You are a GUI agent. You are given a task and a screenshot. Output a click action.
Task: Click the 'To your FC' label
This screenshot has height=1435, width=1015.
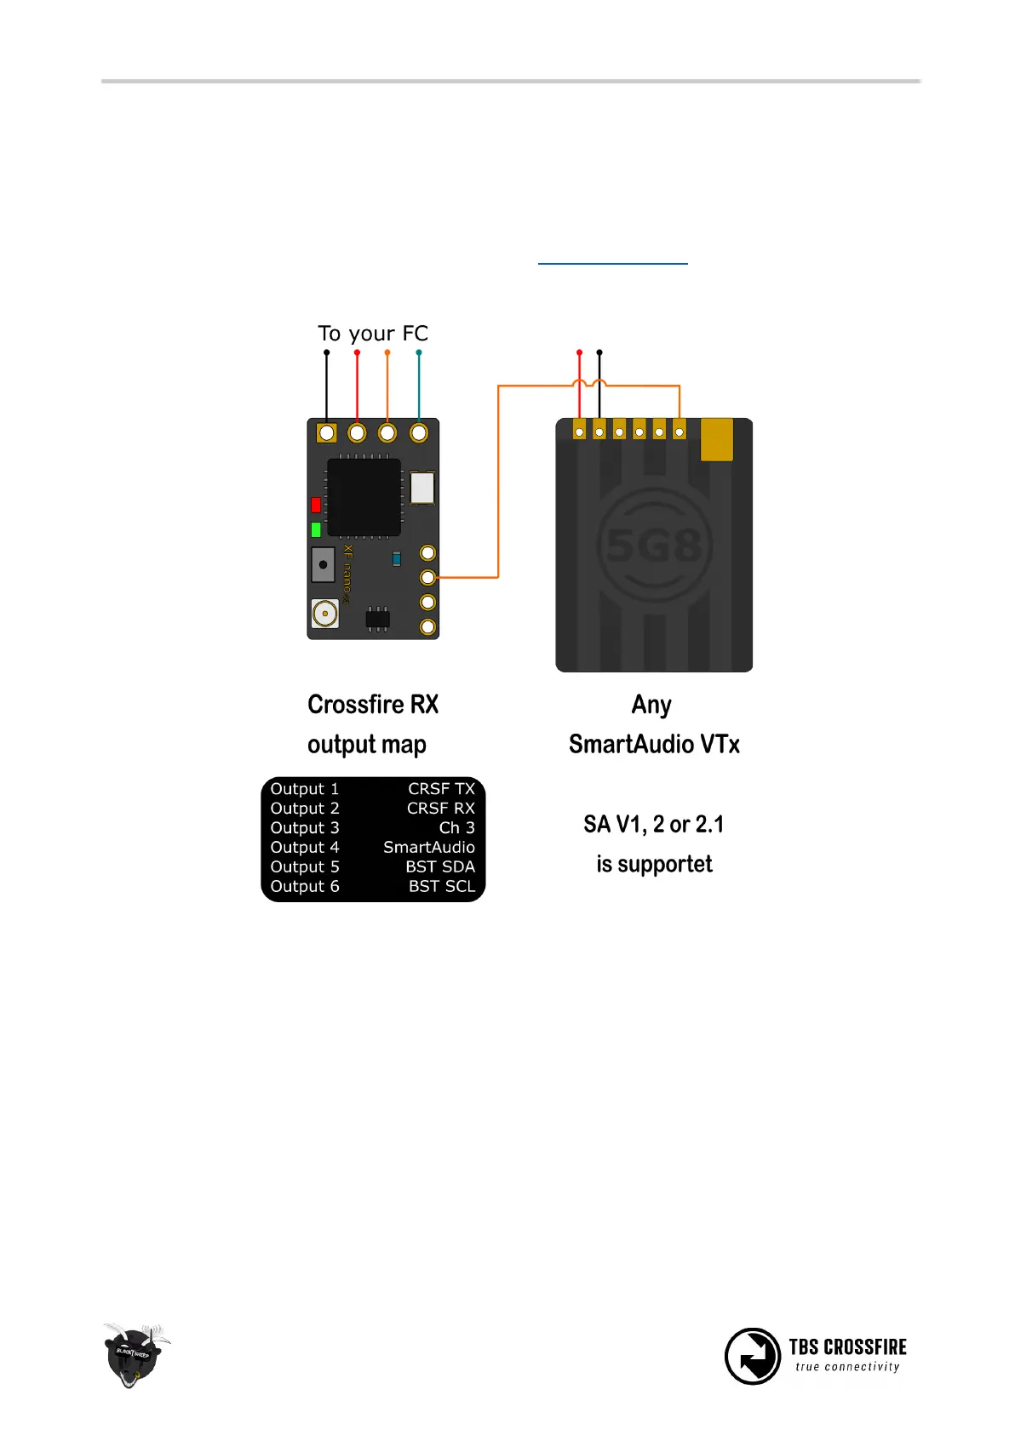pyautogui.click(x=373, y=333)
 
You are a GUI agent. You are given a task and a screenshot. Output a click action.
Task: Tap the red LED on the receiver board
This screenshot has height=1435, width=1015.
pyautogui.click(x=316, y=505)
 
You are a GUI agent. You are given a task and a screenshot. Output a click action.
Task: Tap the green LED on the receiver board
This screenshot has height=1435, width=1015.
pyautogui.click(x=316, y=529)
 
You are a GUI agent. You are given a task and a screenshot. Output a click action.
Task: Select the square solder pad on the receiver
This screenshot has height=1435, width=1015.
pyautogui.click(x=326, y=433)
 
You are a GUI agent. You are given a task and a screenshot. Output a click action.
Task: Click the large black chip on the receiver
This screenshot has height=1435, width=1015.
pyautogui.click(x=364, y=497)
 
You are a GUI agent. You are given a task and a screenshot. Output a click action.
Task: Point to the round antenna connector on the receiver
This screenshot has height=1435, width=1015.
pyautogui.click(x=324, y=613)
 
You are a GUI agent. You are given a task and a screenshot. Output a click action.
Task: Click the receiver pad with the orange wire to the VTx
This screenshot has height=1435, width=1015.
pyautogui.click(x=428, y=578)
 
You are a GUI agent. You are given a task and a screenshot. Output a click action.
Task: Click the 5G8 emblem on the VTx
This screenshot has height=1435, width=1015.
pyautogui.click(x=654, y=546)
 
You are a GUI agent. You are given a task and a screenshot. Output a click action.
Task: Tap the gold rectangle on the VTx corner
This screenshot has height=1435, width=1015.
pyautogui.click(x=716, y=439)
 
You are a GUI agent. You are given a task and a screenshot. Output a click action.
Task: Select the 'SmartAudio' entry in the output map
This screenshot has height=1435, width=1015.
pyautogui.click(x=428, y=847)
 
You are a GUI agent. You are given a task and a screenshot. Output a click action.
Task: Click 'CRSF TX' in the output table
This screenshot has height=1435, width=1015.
pyautogui.click(x=441, y=789)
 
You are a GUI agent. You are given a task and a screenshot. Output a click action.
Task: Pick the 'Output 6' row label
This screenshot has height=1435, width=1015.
pyautogui.click(x=305, y=886)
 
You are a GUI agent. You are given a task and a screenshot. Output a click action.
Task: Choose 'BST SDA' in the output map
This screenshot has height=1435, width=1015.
pyautogui.click(x=439, y=866)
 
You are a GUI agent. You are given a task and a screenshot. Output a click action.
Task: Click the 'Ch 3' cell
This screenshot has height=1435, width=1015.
pyautogui.click(x=456, y=827)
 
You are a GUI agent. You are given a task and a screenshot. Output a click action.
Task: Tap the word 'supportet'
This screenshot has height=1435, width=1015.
pyautogui.click(x=665, y=864)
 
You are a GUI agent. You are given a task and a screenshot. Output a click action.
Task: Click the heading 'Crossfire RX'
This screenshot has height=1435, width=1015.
pyautogui.click(x=373, y=705)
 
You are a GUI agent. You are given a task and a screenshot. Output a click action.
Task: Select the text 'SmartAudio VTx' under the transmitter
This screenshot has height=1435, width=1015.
pyautogui.click(x=654, y=744)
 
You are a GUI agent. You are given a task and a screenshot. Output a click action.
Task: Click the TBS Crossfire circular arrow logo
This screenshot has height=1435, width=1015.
pyautogui.click(x=752, y=1356)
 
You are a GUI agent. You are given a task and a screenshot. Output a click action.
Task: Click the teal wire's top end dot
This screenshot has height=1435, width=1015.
pyautogui.click(x=418, y=352)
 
